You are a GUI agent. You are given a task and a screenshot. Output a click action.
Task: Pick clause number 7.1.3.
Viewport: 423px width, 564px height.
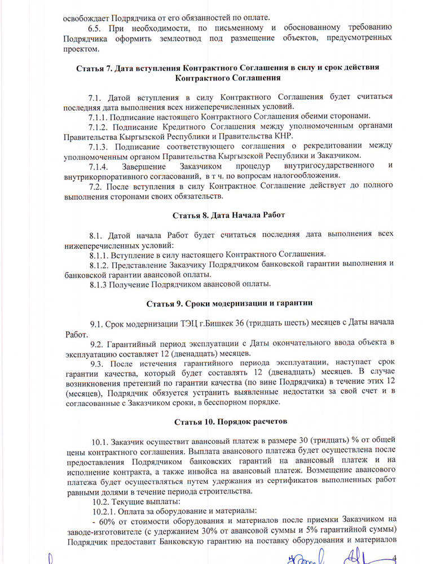tap(100, 146)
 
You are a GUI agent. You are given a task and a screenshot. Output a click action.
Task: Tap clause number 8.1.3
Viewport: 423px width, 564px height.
tap(99, 284)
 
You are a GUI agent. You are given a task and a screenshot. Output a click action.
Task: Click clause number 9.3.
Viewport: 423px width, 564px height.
tap(99, 362)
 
